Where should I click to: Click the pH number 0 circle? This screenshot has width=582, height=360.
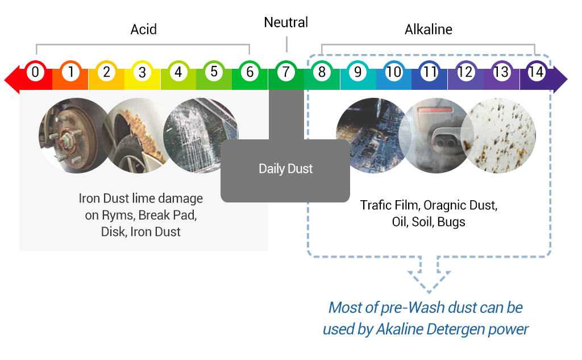(35, 72)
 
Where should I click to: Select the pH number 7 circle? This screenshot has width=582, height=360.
(286, 72)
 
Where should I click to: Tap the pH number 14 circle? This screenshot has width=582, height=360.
(536, 72)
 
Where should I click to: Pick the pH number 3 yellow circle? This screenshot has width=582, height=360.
(142, 72)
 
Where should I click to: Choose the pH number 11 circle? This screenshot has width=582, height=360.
(429, 72)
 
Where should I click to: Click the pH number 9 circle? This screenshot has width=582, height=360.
(357, 72)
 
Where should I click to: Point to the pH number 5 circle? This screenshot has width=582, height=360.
(214, 72)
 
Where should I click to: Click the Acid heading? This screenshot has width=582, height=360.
(143, 29)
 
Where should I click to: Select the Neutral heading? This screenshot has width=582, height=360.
(286, 23)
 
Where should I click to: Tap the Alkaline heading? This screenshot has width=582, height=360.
(429, 29)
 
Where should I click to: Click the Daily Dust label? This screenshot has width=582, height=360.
(285, 169)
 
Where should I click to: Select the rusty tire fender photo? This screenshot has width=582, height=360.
(136, 135)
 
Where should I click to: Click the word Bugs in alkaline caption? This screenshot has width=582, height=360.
(451, 222)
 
